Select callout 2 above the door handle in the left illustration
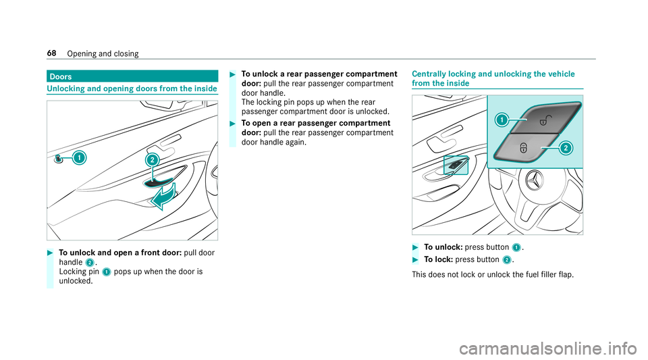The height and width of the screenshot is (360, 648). [153, 160]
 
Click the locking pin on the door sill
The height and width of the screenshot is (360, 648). [59, 159]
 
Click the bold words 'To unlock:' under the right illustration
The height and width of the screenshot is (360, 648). [442, 247]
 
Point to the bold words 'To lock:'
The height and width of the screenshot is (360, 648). [437, 259]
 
